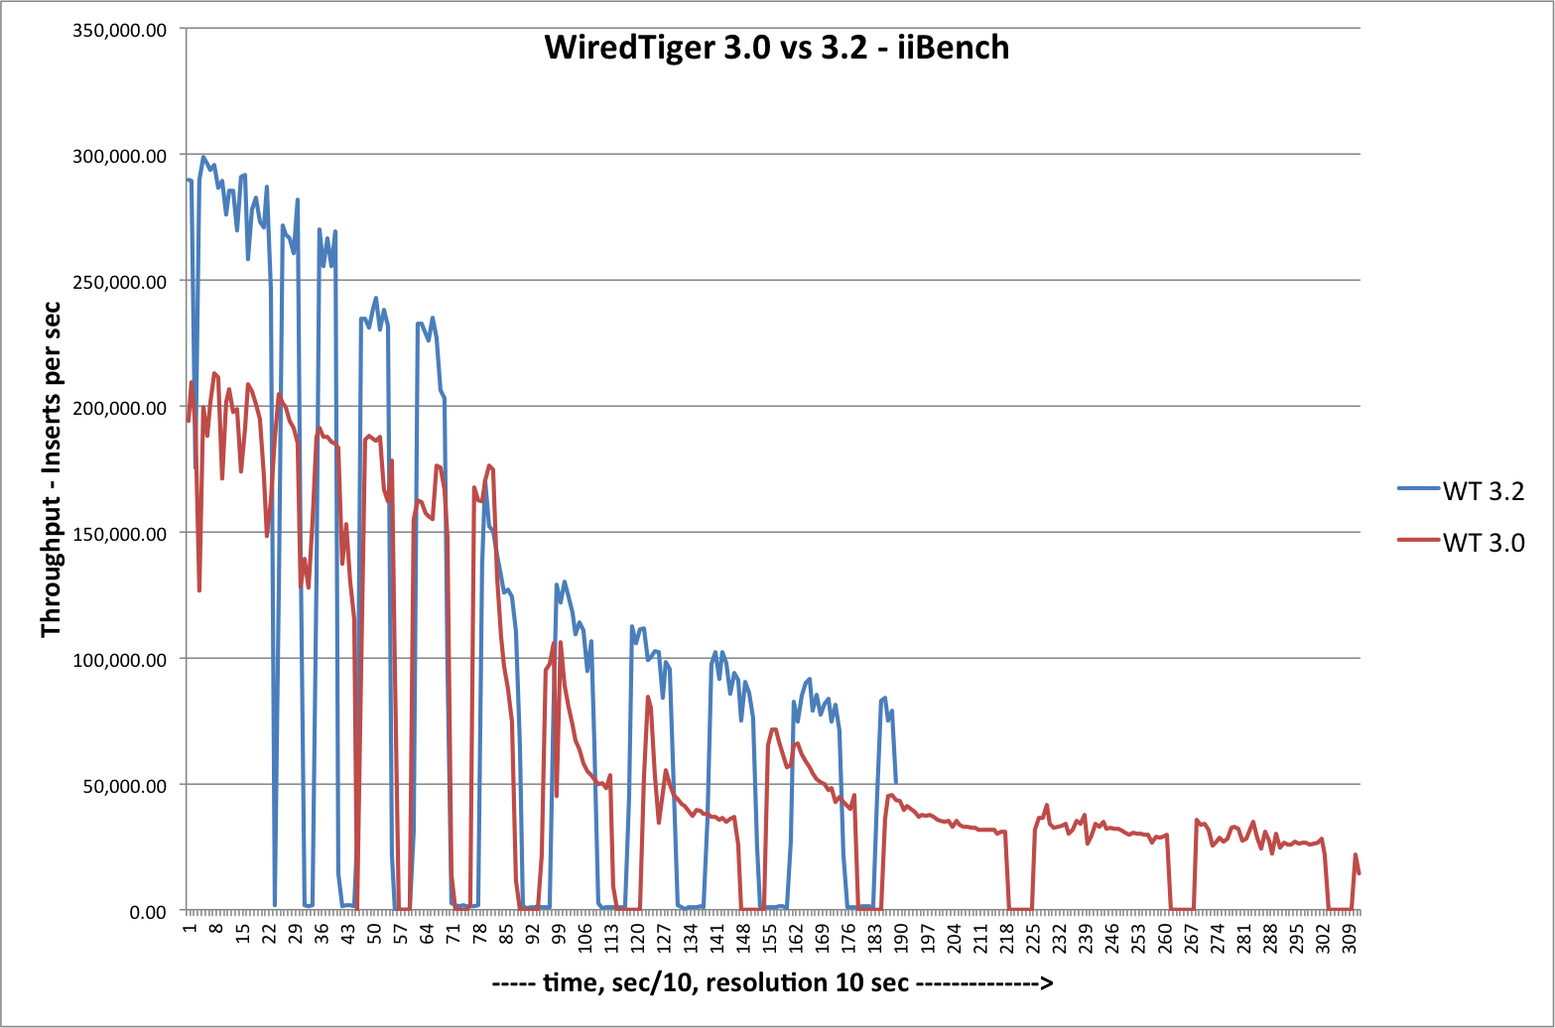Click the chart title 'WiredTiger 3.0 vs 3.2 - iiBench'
[776, 48]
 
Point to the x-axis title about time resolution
[772, 984]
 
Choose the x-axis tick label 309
[1349, 937]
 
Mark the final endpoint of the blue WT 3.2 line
[896, 783]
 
